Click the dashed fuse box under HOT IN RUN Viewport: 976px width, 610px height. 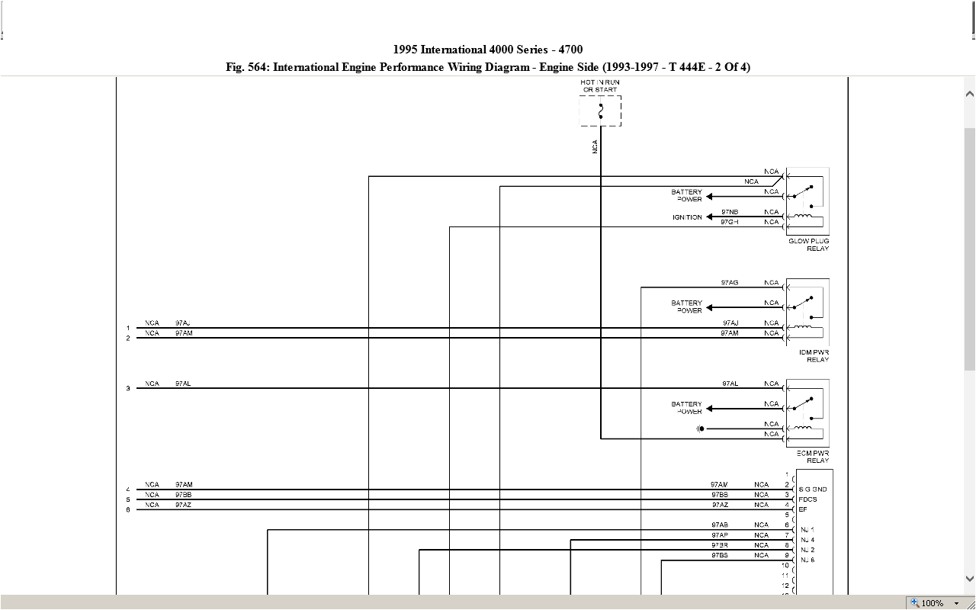pyautogui.click(x=600, y=111)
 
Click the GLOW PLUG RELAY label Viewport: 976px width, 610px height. pyautogui.click(x=809, y=245)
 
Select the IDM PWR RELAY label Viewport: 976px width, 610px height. pyautogui.click(x=814, y=355)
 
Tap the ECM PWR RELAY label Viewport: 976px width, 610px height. pyautogui.click(x=813, y=457)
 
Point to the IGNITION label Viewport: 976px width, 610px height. pyautogui.click(x=687, y=217)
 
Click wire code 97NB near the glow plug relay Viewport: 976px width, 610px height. pyautogui.click(x=730, y=212)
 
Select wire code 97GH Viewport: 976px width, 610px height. pyautogui.click(x=730, y=222)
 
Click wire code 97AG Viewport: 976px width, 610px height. pyautogui.click(x=730, y=283)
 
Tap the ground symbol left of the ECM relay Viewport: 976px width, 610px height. pyautogui.click(x=700, y=429)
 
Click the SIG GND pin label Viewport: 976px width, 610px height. pyautogui.click(x=813, y=490)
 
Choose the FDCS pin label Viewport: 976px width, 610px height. pyautogui.click(x=807, y=499)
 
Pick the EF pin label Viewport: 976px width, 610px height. pyautogui.click(x=803, y=509)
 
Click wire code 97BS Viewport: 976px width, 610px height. pyautogui.click(x=720, y=555)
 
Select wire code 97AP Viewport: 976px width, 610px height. pyautogui.click(x=720, y=535)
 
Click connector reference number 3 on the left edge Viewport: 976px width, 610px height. pyautogui.click(x=128, y=389)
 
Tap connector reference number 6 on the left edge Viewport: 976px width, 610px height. pyautogui.click(x=128, y=510)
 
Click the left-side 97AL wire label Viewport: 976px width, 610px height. pyautogui.click(x=183, y=384)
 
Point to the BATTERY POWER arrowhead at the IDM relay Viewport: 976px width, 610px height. pyautogui.click(x=710, y=308)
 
